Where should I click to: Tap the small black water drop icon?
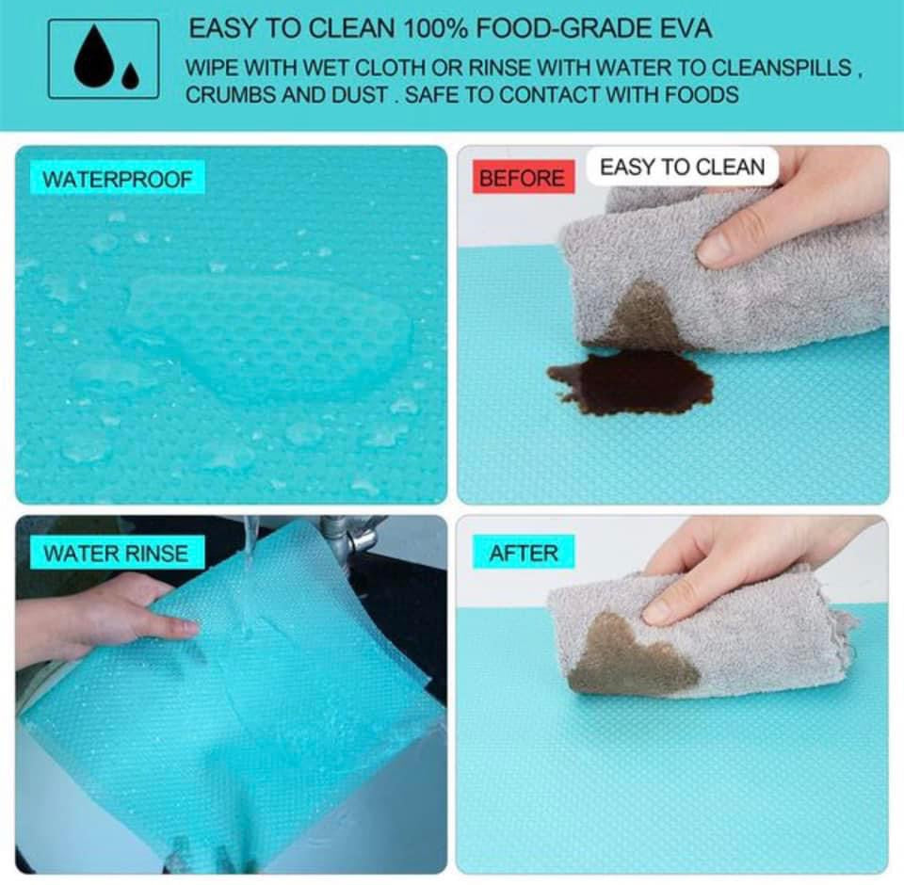tap(131, 76)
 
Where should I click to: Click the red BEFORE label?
tap(523, 177)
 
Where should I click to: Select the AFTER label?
tap(524, 553)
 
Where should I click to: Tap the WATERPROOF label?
tap(117, 179)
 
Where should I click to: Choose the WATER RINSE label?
tap(116, 553)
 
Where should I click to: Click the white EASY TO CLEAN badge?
tap(682, 167)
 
